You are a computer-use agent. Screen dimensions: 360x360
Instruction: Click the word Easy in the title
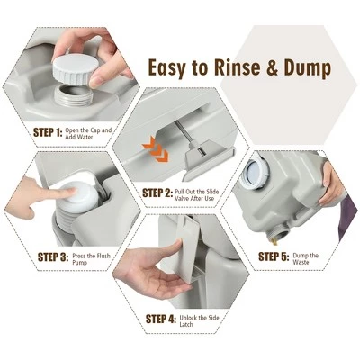(x=166, y=68)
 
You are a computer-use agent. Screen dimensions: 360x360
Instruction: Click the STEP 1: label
(x=48, y=132)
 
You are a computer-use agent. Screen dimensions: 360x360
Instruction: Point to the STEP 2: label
(x=157, y=193)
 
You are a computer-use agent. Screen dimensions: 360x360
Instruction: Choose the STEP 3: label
(x=53, y=257)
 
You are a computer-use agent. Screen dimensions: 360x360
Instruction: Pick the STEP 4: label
(x=160, y=319)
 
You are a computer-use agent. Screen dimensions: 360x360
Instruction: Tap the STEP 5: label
(x=274, y=256)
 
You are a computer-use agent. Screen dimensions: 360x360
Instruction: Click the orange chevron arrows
(x=156, y=149)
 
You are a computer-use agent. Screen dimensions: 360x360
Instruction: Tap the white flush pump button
(x=79, y=195)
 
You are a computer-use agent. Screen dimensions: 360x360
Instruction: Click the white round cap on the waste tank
(x=257, y=174)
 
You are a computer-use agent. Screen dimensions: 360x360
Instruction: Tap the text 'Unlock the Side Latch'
(x=199, y=321)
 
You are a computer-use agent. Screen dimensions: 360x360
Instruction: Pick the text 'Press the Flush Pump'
(x=91, y=259)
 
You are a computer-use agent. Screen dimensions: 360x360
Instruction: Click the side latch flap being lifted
(x=187, y=249)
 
